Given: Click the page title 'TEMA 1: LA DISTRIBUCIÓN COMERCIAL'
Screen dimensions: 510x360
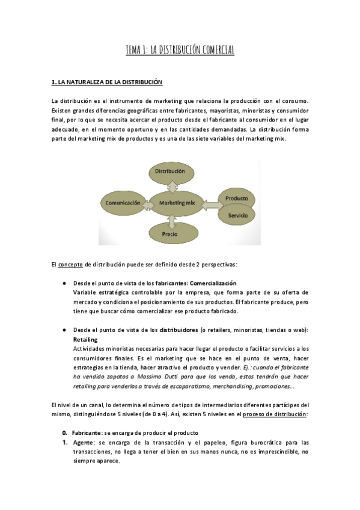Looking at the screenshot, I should pos(180,50).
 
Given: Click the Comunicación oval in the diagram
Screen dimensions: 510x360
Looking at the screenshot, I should pos(123,203).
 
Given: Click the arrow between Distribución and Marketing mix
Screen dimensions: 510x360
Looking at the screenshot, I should pos(174,186).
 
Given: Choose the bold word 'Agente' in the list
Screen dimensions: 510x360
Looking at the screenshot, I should pos(82,443).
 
